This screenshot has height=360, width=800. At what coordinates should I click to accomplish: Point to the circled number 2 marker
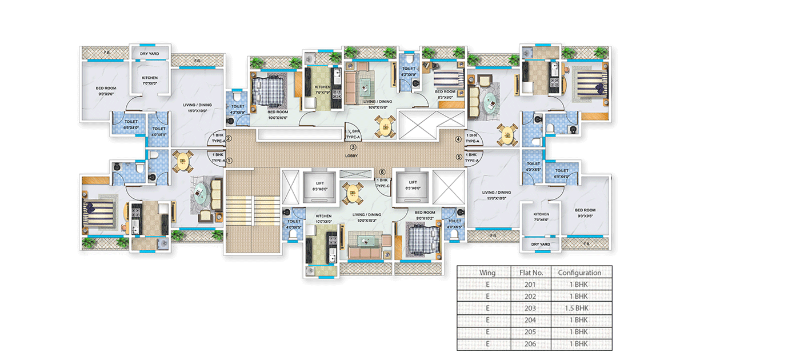[x=229, y=138]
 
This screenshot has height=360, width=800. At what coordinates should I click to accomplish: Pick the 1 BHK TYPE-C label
[x=382, y=183]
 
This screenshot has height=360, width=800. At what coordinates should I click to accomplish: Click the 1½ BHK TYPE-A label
[x=353, y=135]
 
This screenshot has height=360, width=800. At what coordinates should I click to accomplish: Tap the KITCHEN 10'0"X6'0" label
[x=323, y=219]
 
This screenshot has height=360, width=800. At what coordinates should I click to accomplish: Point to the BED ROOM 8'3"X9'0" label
[x=445, y=94]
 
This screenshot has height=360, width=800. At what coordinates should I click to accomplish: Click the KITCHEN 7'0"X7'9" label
[x=323, y=90]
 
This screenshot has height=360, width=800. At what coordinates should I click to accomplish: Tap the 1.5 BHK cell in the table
[x=580, y=308]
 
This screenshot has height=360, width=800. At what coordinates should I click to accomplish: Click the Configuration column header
[x=580, y=273]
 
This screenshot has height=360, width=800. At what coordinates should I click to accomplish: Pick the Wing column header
[x=487, y=273]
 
